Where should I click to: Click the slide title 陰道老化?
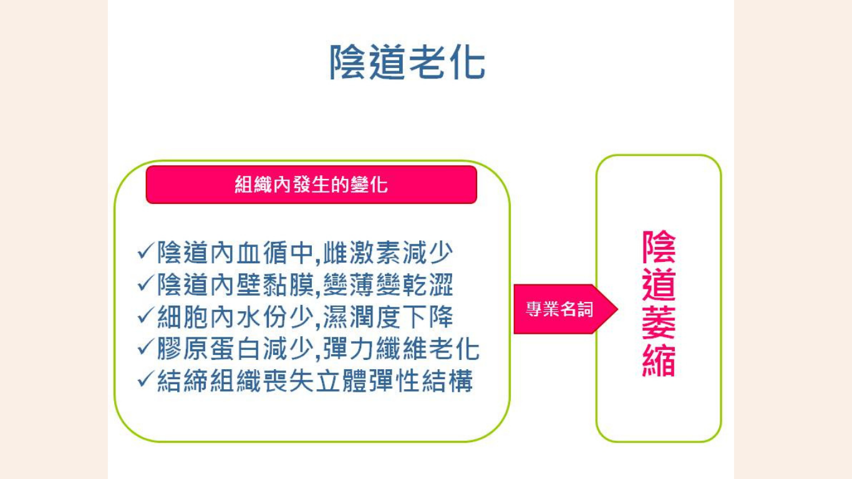(407, 62)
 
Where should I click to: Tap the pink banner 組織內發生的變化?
(311, 185)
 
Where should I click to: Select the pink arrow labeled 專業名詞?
(566, 309)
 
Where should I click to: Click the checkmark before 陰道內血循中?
(145, 252)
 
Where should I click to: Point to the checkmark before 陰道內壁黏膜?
(145, 284)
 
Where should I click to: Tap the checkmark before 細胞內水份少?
(145, 316)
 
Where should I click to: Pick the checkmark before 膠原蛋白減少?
(145, 348)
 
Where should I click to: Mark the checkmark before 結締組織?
(145, 380)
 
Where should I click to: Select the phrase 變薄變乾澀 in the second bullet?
(388, 284)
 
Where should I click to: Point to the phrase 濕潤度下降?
(388, 317)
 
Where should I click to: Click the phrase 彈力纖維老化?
(401, 349)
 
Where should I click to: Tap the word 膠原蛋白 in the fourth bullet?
(209, 349)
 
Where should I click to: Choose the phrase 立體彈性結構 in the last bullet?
(394, 381)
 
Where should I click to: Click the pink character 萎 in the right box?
(659, 322)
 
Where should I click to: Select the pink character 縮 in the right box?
(659, 360)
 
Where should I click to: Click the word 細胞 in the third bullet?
(183, 317)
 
